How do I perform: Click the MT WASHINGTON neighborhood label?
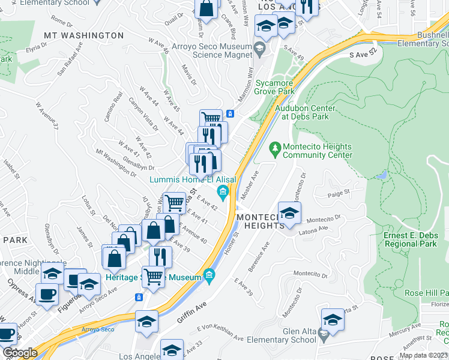pyautogui.click(x=83, y=35)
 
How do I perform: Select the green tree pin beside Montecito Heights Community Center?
pyautogui.click(x=275, y=147)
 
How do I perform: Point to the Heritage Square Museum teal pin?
pyautogui.click(x=209, y=276)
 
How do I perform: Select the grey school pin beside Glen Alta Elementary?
pyautogui.click(x=325, y=335)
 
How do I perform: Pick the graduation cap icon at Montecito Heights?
pyautogui.click(x=289, y=213)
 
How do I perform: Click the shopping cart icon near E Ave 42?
pyautogui.click(x=174, y=203)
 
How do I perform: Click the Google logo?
pyautogui.click(x=20, y=353)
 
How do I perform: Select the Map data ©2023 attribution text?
pyautogui.click(x=423, y=355)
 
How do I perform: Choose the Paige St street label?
pyautogui.click(x=339, y=194)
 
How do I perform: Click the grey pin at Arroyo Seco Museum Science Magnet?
pyautogui.click(x=259, y=47)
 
